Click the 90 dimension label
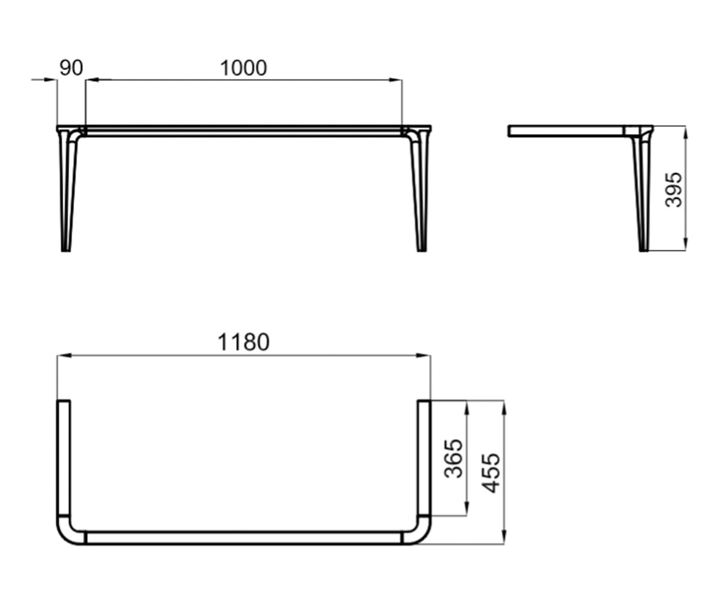(x=71, y=68)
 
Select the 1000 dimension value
(x=243, y=68)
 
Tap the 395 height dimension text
(x=674, y=190)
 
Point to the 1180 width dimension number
(x=243, y=343)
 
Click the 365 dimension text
(x=454, y=459)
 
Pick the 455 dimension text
(x=491, y=473)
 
